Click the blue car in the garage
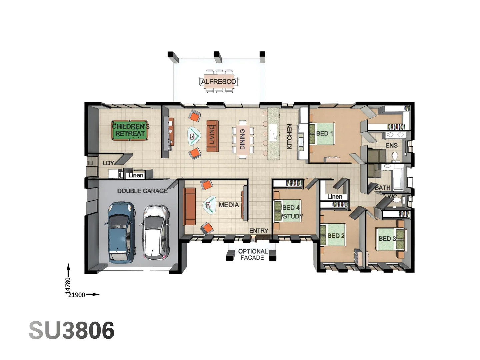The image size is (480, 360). pyautogui.click(x=122, y=232)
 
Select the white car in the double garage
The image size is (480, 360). pyautogui.click(x=156, y=232)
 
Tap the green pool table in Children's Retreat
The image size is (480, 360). pyautogui.click(x=130, y=130)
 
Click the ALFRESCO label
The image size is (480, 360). pyautogui.click(x=219, y=81)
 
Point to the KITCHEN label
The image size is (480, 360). pyautogui.click(x=289, y=136)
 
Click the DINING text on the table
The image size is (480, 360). pyautogui.click(x=242, y=139)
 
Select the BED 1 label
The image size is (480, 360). pyautogui.click(x=324, y=133)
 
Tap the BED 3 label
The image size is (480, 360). pyautogui.click(x=387, y=239)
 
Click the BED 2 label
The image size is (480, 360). pyautogui.click(x=336, y=236)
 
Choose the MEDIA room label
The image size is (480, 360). pyautogui.click(x=229, y=205)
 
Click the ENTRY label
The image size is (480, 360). pyautogui.click(x=259, y=231)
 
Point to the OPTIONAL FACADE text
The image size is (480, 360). pyautogui.click(x=253, y=254)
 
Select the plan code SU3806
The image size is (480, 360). pyautogui.click(x=72, y=331)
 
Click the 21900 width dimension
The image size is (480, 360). pyautogui.click(x=77, y=295)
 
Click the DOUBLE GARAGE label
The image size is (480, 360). pyautogui.click(x=142, y=191)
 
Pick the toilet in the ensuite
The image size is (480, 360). pyautogui.click(x=395, y=156)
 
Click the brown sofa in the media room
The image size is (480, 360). pyautogui.click(x=189, y=206)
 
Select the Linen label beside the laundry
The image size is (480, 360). pyautogui.click(x=136, y=175)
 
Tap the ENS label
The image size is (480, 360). pyautogui.click(x=391, y=145)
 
